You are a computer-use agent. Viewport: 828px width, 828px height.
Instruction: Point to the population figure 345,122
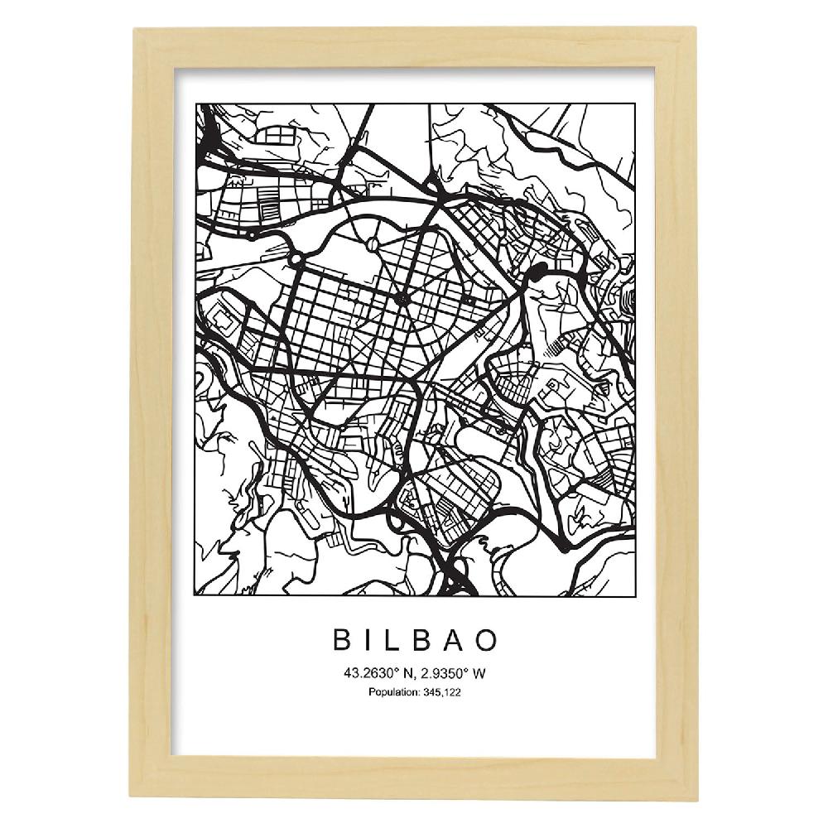pos(443,692)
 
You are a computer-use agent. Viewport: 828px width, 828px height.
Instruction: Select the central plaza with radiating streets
pos(403,297)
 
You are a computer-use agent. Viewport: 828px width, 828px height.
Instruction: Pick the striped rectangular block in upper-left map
pos(270,196)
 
